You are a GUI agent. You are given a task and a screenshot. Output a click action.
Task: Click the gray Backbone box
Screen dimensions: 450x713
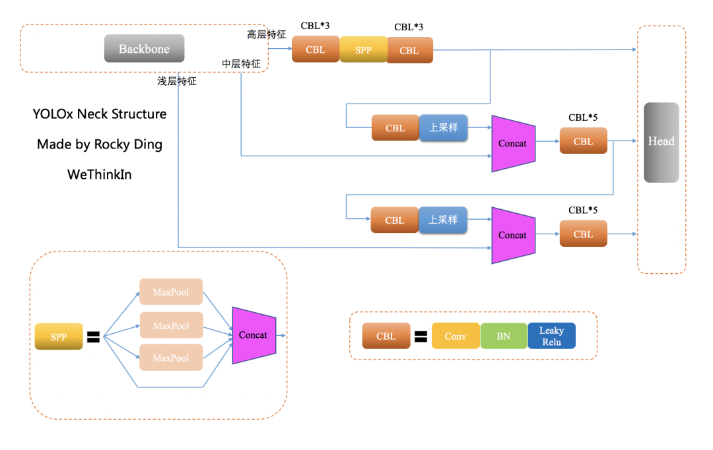pyautogui.click(x=144, y=48)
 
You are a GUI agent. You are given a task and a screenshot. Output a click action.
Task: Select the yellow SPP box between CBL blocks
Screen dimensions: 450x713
pyautogui.click(x=363, y=49)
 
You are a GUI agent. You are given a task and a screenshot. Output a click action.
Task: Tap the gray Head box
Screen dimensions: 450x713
pyautogui.click(x=661, y=142)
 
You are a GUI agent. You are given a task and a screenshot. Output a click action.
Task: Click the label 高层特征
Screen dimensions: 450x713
pyautogui.click(x=267, y=34)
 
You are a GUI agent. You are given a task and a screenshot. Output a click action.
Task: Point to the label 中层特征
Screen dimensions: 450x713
pyautogui.click(x=241, y=64)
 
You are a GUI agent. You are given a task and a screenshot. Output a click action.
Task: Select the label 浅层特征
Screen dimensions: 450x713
pyautogui.click(x=177, y=81)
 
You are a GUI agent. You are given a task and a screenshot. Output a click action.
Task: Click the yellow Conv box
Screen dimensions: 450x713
pyautogui.click(x=456, y=336)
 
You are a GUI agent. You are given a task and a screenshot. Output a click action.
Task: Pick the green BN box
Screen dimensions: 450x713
pyautogui.click(x=504, y=336)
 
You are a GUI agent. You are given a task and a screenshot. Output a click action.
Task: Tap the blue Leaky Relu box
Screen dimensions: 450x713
pyautogui.click(x=551, y=335)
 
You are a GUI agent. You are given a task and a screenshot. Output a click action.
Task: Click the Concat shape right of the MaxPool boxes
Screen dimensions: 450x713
pyautogui.click(x=254, y=335)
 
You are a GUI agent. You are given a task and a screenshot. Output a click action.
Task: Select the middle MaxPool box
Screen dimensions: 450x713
pyautogui.click(x=171, y=325)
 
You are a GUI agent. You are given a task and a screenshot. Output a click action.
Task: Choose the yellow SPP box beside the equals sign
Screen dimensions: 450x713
pyautogui.click(x=59, y=337)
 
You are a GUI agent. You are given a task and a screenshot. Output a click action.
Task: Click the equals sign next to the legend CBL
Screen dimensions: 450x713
pyautogui.click(x=421, y=337)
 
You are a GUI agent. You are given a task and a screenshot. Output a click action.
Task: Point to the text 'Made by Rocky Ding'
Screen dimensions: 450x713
pyautogui.click(x=99, y=145)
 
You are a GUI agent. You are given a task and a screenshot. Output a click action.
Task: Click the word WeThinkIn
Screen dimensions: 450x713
pyautogui.click(x=99, y=174)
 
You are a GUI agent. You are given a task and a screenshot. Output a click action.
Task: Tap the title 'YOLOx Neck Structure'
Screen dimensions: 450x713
pyautogui.click(x=99, y=114)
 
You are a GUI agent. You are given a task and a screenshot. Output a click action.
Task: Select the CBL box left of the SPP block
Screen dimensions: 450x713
pyautogui.click(x=316, y=49)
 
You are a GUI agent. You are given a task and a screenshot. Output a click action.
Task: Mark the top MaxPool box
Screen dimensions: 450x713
pyautogui.click(x=171, y=292)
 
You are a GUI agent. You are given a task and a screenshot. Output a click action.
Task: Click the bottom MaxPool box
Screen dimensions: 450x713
pyautogui.click(x=171, y=358)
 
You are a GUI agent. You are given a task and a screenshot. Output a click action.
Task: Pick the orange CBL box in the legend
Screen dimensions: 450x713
pyautogui.click(x=386, y=336)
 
